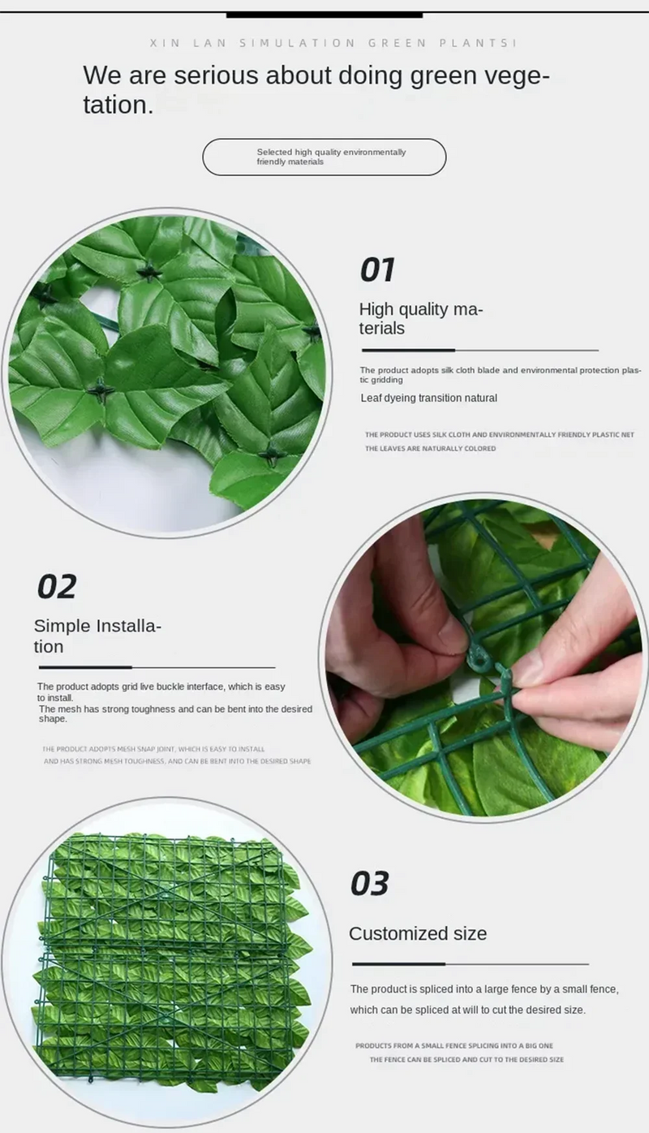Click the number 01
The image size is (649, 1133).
coord(377,270)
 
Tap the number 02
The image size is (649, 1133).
coord(57,586)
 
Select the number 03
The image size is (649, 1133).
coord(370,883)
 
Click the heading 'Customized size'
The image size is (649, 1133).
coord(418,933)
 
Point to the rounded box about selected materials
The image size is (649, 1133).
coord(324,157)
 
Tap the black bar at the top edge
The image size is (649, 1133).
coord(324,14)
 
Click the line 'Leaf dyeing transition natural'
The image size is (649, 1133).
coord(428,398)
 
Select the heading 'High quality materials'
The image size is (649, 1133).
coord(420,318)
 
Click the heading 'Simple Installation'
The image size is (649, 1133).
coord(97,636)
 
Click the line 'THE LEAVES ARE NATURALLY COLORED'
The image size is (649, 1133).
coord(430,448)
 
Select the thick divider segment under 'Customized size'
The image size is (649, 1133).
coord(398,964)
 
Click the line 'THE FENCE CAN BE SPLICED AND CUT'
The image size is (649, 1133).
coord(466,1059)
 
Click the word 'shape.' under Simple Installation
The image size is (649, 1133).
coord(53,719)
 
